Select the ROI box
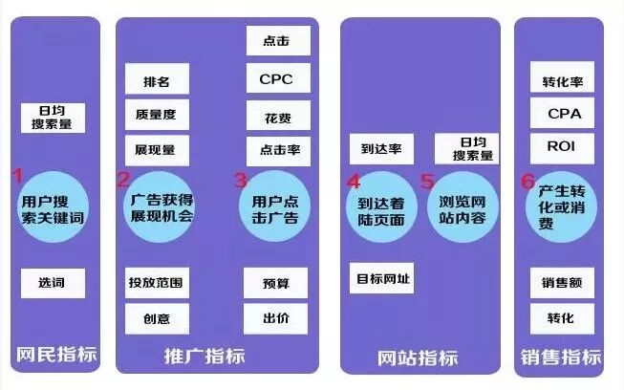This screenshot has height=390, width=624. pyautogui.click(x=562, y=148)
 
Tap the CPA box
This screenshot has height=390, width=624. pyautogui.click(x=562, y=114)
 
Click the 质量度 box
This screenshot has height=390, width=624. pyautogui.click(x=156, y=115)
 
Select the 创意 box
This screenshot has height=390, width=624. pyautogui.click(x=156, y=318)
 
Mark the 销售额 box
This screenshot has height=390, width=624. pyautogui.click(x=562, y=283)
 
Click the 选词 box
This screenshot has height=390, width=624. pyautogui.click(x=53, y=283)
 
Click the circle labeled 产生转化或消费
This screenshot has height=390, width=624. pyautogui.click(x=560, y=206)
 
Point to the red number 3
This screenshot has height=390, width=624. pyautogui.click(x=240, y=178)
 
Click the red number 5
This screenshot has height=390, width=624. pyautogui.click(x=426, y=180)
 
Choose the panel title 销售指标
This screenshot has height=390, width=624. pyautogui.click(x=561, y=357)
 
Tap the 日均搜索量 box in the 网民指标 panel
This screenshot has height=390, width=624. pyautogui.click(x=53, y=118)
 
